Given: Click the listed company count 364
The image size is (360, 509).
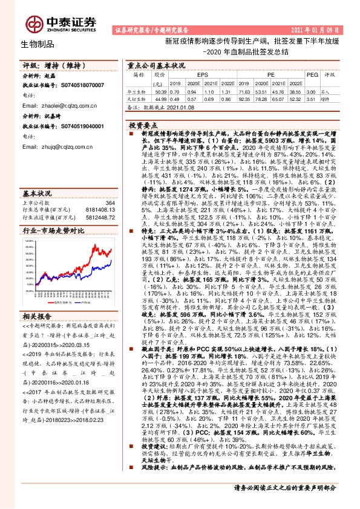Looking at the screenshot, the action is (x=110, y=203).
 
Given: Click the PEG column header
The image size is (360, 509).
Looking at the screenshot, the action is (x=312, y=74).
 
